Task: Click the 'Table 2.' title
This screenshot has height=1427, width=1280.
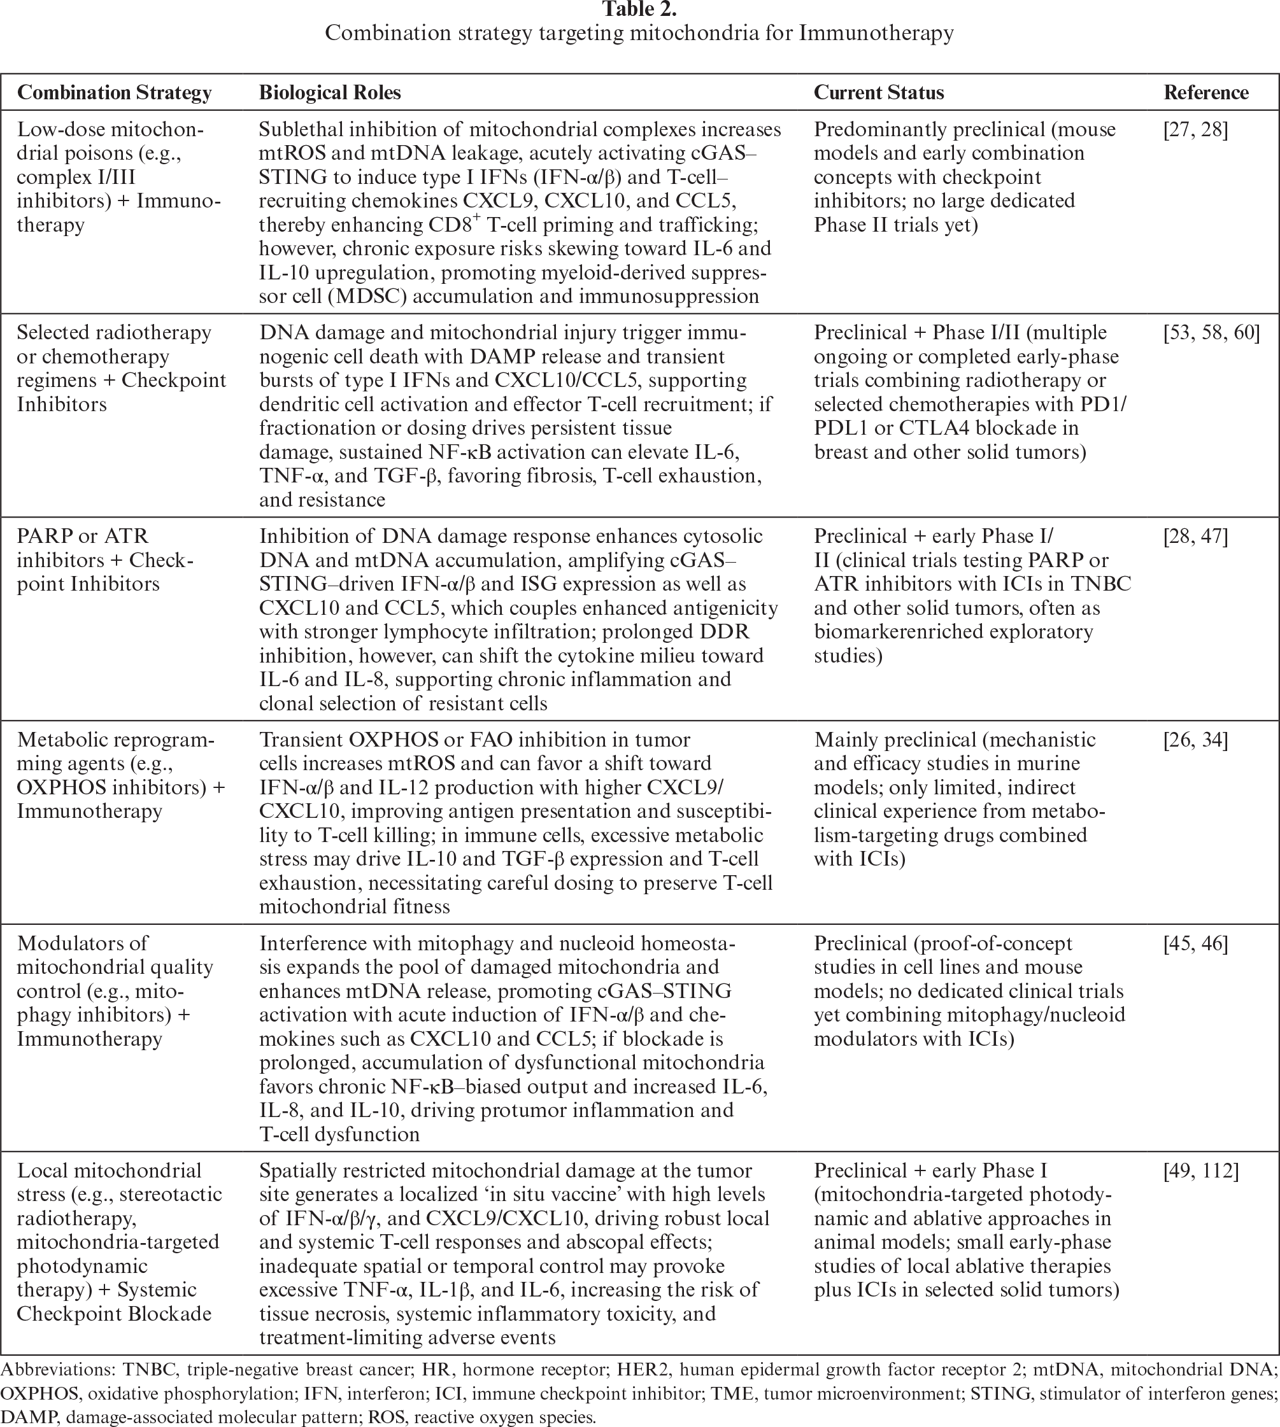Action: click(x=639, y=10)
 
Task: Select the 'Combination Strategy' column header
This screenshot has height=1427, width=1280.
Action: click(x=114, y=93)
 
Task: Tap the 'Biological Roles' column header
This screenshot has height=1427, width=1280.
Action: click(x=330, y=93)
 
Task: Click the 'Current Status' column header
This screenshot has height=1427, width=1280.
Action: click(x=878, y=93)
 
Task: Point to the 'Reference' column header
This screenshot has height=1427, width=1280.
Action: click(x=1205, y=93)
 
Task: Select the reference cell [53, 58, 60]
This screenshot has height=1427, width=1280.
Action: click(x=1211, y=332)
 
